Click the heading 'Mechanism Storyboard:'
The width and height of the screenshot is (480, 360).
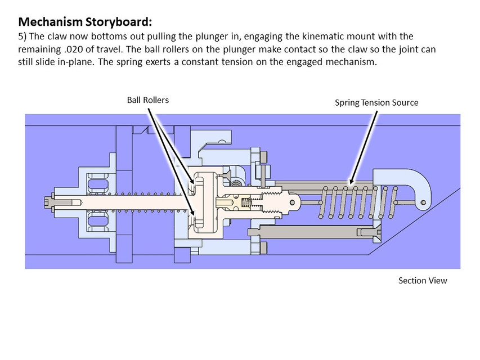(85, 22)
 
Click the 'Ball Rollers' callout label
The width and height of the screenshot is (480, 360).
(147, 100)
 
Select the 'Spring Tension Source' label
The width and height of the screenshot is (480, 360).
(376, 102)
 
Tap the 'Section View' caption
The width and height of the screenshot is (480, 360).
(422, 280)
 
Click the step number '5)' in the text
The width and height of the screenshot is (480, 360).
(23, 37)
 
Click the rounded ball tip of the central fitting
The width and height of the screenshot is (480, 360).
(293, 199)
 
